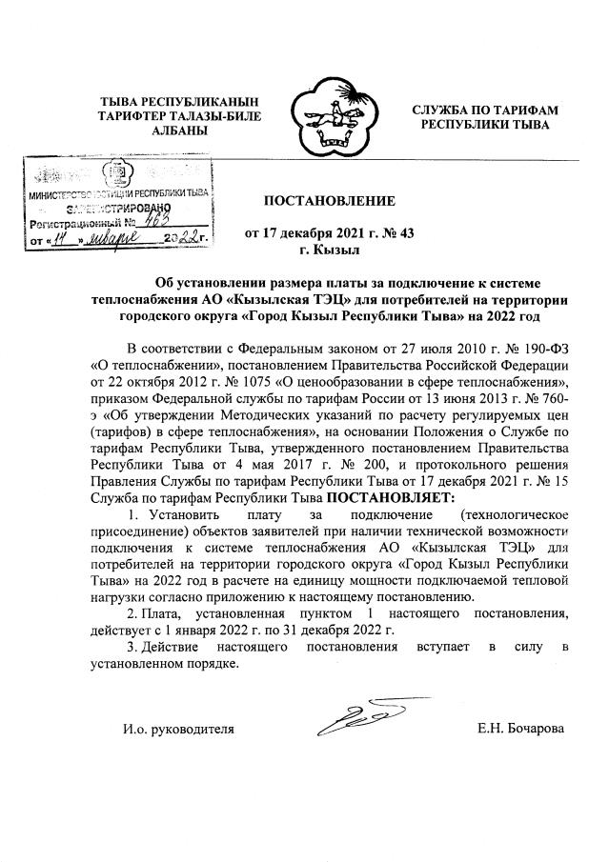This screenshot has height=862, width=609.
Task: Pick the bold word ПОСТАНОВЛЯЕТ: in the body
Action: [392, 497]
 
